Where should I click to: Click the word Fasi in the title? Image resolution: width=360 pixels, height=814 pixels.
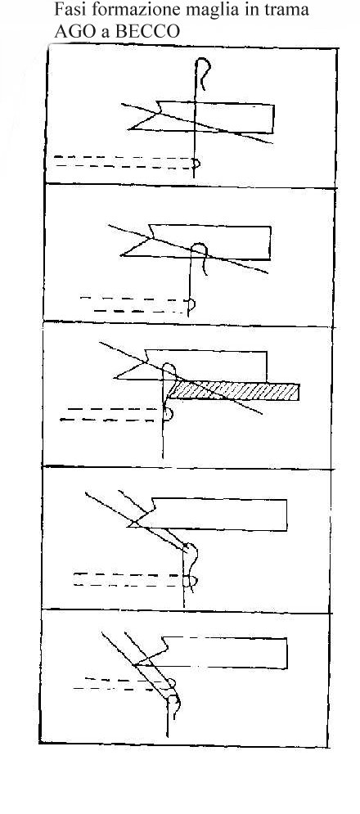tap(68, 9)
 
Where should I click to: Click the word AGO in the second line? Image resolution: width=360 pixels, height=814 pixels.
tap(71, 31)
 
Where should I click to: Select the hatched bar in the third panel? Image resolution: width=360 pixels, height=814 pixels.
tap(235, 390)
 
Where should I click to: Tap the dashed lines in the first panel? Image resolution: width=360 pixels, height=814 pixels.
tap(124, 161)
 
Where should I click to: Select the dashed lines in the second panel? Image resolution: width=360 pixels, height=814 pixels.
tap(135, 304)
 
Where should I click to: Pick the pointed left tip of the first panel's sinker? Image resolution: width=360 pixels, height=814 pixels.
tap(128, 128)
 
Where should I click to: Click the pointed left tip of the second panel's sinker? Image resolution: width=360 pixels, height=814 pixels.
tap(121, 255)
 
